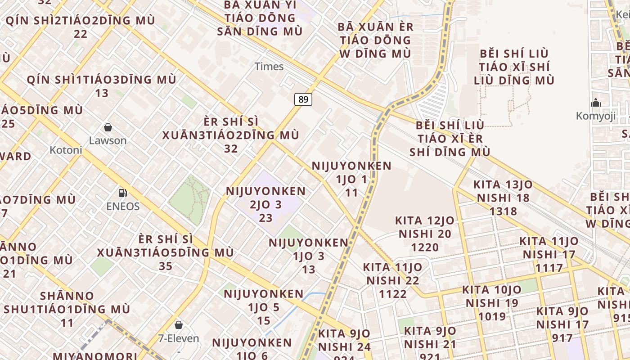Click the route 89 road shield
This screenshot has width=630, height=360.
(303, 99)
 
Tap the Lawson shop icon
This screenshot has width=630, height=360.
(108, 127)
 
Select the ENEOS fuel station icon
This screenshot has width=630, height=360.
(122, 193)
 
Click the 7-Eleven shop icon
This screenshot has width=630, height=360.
(179, 324)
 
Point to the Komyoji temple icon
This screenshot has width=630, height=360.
(596, 103)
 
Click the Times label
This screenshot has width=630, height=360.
(269, 67)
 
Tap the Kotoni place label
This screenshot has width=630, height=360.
(66, 150)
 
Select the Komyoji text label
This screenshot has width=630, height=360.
(596, 116)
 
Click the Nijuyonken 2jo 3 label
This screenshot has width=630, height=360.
(265, 204)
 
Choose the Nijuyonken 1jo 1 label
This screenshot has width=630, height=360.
(351, 179)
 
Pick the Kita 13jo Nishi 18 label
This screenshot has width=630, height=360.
(503, 198)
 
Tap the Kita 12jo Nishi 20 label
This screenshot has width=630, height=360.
(425, 234)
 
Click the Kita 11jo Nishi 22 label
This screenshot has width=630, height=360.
(393, 280)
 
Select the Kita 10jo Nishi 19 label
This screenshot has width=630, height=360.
(492, 303)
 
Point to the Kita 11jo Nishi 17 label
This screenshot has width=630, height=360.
(549, 254)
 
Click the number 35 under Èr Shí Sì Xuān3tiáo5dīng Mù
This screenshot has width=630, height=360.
(166, 266)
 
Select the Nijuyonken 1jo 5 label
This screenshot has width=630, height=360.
(264, 307)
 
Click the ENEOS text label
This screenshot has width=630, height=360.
(123, 207)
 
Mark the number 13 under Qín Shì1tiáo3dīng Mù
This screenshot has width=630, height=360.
(102, 93)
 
